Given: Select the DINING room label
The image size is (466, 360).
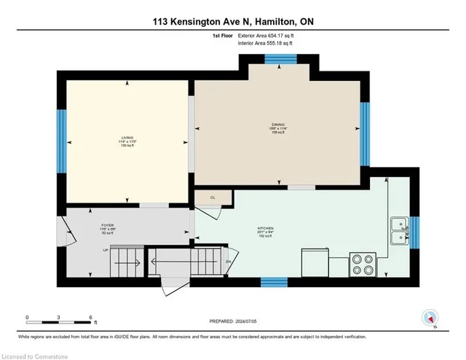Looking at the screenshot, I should click(278, 124).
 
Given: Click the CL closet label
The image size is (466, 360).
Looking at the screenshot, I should click(213, 197).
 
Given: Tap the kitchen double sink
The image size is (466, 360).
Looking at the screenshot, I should click(399, 230).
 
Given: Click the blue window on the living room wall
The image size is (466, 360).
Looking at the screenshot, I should click(62, 138).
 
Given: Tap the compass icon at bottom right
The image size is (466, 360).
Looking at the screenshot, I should click(430, 317).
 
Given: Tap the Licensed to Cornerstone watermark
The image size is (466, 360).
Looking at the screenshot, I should click(34, 354).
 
